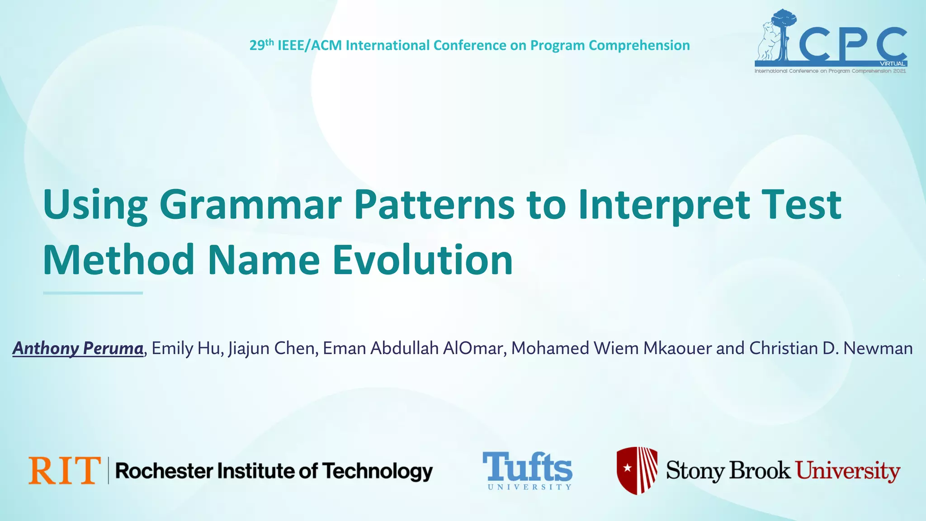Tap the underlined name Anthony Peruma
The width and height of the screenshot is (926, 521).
pyautogui.click(x=78, y=348)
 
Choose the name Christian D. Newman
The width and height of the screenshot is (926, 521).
pyautogui.click(x=831, y=348)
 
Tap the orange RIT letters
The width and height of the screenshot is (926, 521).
pyautogui.click(x=64, y=470)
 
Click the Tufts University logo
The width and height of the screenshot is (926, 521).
pyautogui.click(x=527, y=470)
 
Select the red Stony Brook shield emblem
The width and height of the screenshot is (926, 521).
pyautogui.click(x=637, y=470)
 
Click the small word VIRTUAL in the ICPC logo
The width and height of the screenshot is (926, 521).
pyautogui.click(x=892, y=64)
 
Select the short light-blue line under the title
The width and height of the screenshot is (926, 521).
pyautogui.click(x=93, y=293)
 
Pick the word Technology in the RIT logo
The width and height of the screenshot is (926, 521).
pyautogui.click(x=378, y=471)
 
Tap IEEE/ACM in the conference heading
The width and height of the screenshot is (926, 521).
pyautogui.click(x=309, y=45)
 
